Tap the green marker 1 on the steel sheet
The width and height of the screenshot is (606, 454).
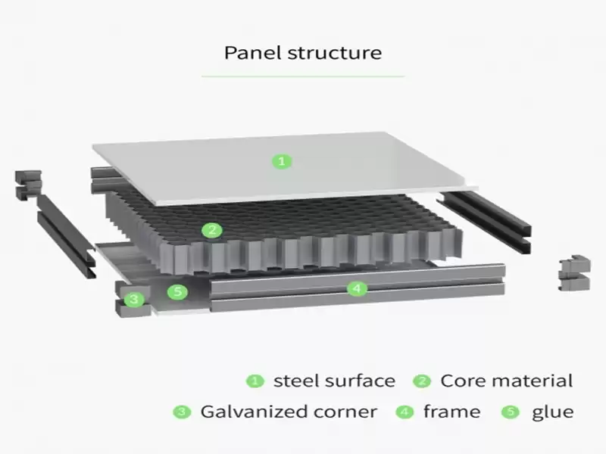(282, 161)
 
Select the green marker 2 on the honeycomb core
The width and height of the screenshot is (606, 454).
(213, 230)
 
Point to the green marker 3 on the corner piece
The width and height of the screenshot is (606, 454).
(134, 300)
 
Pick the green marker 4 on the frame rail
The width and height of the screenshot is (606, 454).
(357, 288)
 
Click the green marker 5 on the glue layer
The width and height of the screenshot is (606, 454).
(177, 291)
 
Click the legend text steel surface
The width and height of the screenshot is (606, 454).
(334, 381)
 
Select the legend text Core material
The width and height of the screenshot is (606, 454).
(507, 381)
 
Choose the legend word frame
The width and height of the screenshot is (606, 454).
(451, 412)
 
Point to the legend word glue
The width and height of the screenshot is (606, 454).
(552, 412)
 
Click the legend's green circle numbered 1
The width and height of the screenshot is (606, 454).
(256, 381)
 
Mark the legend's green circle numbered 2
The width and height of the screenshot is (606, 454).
(422, 381)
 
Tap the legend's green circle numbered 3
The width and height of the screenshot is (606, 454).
(182, 412)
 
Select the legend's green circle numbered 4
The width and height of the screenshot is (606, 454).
(405, 412)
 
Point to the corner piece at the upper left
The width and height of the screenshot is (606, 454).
(27, 184)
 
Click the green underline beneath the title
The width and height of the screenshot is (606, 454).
(303, 76)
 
